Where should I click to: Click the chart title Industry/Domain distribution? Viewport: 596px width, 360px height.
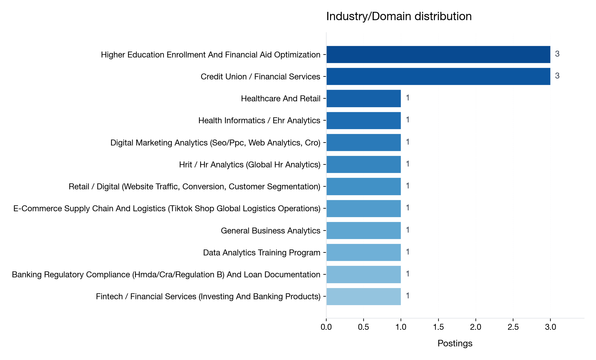pyautogui.click(x=399, y=16)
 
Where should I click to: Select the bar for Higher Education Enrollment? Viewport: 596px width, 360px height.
pyautogui.click(x=438, y=55)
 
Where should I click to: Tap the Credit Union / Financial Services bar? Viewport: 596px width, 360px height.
pyautogui.click(x=438, y=76)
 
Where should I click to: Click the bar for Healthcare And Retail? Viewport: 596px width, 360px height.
pyautogui.click(x=364, y=98)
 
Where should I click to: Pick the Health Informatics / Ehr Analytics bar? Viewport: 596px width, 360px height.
pyautogui.click(x=364, y=120)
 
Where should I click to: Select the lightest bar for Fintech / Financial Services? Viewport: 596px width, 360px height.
pyautogui.click(x=364, y=296)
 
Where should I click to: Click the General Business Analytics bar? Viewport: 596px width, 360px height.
pyautogui.click(x=364, y=231)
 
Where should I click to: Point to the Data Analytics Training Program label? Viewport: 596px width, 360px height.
pyautogui.click(x=261, y=252)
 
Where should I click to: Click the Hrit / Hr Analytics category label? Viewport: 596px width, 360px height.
pyautogui.click(x=250, y=164)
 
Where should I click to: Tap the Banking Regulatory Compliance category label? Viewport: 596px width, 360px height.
pyautogui.click(x=166, y=274)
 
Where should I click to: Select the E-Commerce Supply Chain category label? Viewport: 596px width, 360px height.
pyautogui.click(x=167, y=208)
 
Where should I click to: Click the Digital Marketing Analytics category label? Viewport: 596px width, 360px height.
pyautogui.click(x=215, y=143)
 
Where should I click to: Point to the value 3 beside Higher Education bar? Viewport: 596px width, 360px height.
pyautogui.click(x=557, y=54)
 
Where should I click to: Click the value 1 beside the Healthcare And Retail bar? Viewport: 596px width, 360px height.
pyautogui.click(x=408, y=98)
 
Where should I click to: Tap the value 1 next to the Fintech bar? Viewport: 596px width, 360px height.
pyautogui.click(x=408, y=296)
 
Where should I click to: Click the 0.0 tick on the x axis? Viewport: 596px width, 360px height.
pyautogui.click(x=326, y=327)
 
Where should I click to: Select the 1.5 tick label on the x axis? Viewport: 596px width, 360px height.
pyautogui.click(x=438, y=327)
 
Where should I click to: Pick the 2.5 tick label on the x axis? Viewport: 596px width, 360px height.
pyautogui.click(x=513, y=327)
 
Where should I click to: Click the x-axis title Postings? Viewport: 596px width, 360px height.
pyautogui.click(x=455, y=343)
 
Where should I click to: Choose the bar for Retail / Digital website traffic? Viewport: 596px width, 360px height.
pyautogui.click(x=364, y=186)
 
